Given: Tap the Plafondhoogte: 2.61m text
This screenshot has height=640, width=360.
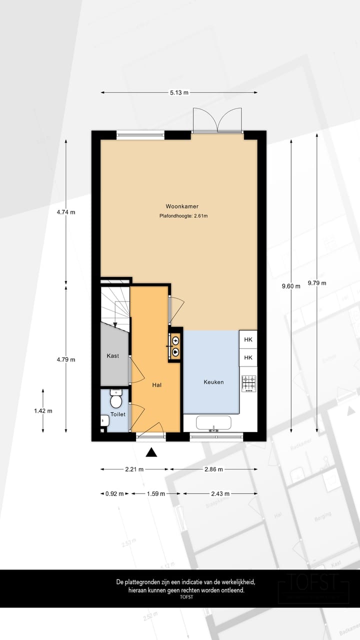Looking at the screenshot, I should pyautogui.click(x=180, y=216).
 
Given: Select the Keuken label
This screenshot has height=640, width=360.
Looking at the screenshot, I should pyautogui.click(x=213, y=382).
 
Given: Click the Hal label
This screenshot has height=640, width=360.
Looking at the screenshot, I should pyautogui.click(x=156, y=385).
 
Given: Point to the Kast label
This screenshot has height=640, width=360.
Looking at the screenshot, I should pyautogui.click(x=112, y=356).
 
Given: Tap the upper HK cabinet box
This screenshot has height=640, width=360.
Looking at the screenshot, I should pyautogui.click(x=248, y=340).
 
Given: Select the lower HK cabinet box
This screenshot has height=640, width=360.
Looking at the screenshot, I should pyautogui.click(x=248, y=357).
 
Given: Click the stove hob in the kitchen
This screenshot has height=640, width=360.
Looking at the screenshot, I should pyautogui.click(x=248, y=383).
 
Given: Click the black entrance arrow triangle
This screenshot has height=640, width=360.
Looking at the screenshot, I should pyautogui.click(x=151, y=452).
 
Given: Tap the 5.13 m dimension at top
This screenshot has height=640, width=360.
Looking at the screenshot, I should pyautogui.click(x=179, y=92).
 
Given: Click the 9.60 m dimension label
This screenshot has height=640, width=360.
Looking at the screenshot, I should pyautogui.click(x=291, y=286).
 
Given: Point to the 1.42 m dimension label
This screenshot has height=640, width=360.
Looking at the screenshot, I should pyautogui.click(x=43, y=411).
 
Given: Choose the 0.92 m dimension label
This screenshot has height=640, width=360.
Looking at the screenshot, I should pyautogui.click(x=114, y=493).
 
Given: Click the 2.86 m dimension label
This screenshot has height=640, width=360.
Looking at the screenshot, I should pyautogui.click(x=213, y=469).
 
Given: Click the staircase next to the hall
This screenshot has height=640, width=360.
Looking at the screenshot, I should pyautogui.click(x=114, y=305).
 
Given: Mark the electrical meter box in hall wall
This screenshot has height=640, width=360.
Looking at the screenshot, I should pyautogui.click(x=175, y=346).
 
